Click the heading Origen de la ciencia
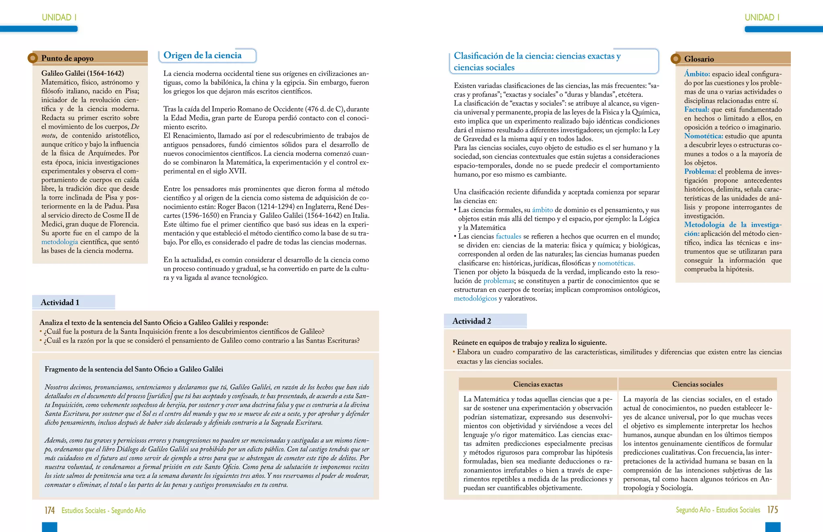pos(202,55)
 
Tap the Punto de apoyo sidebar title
pos(67,58)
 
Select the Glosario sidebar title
pos(699,59)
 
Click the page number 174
pos(49,510)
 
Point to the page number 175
pos(772,510)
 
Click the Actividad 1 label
pos(60,302)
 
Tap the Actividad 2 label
pos(471,321)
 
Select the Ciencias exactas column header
pos(538,384)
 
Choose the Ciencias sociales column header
pos(697,384)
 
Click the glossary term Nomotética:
pos(703,136)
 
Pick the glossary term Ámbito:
pos(697,74)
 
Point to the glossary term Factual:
pos(696,110)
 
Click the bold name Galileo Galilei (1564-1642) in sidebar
pos(82,73)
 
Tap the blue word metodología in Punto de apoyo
pos(59,242)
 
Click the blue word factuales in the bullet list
pos(508,236)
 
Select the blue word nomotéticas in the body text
pos(616,263)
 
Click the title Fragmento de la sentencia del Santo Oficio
pos(134,369)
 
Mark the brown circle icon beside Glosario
pos(676,59)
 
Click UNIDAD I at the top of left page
pos(59,17)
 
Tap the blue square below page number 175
pos(772,527)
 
